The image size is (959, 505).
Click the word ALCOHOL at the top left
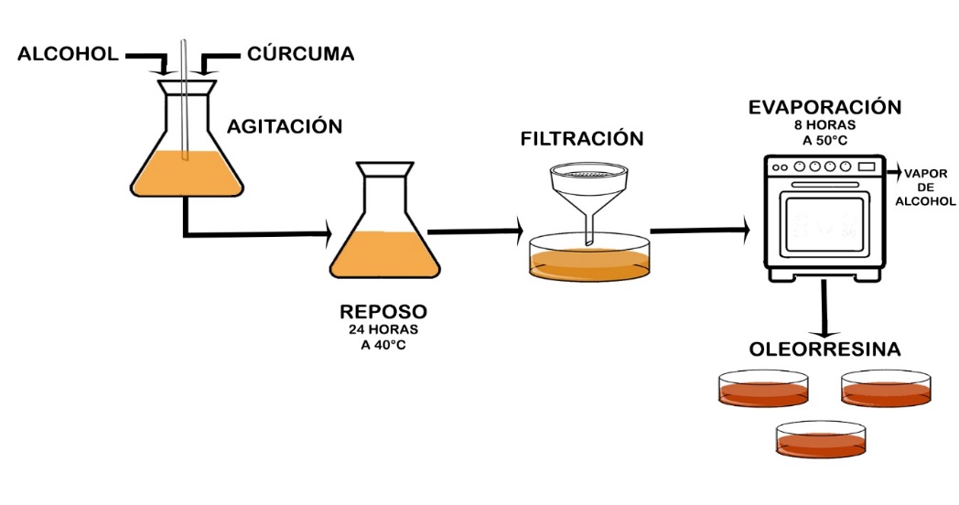coord(68,55)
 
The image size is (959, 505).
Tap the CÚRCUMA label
coord(300,55)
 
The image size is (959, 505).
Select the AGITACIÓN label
coord(285,126)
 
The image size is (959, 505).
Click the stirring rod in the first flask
coord(185,101)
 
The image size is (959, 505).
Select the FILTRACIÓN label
coord(582,139)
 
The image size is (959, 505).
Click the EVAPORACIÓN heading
coord(824,107)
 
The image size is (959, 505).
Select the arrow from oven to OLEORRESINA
coord(826,307)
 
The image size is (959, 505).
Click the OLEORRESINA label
coord(824,350)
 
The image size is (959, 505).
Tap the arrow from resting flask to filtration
coord(476,231)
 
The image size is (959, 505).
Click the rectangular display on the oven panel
coord(865,167)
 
